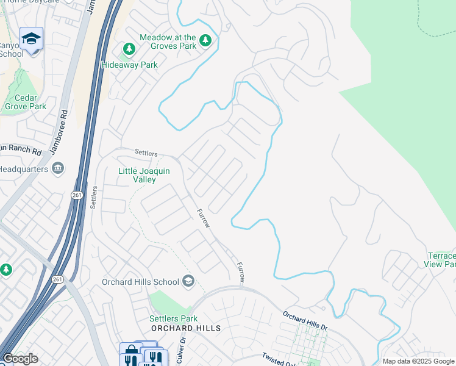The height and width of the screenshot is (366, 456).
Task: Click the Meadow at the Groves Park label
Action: [168, 41]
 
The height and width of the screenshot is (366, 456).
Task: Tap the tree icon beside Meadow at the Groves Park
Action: [206, 41]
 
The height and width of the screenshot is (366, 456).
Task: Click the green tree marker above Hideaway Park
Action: [129, 49]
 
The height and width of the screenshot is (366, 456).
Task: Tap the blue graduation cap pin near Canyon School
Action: [31, 39]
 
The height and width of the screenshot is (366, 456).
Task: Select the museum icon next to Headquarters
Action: [58, 168]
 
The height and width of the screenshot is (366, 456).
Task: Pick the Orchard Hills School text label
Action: [140, 281]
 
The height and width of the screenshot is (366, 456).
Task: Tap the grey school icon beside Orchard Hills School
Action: [189, 281]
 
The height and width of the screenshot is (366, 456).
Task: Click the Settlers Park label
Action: [173, 318]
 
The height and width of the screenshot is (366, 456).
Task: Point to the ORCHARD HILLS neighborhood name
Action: [185, 328]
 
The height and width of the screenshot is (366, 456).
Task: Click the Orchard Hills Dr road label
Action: [305, 321]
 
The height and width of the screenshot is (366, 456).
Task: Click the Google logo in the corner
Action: [20, 359]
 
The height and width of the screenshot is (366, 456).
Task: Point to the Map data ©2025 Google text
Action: [418, 361]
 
